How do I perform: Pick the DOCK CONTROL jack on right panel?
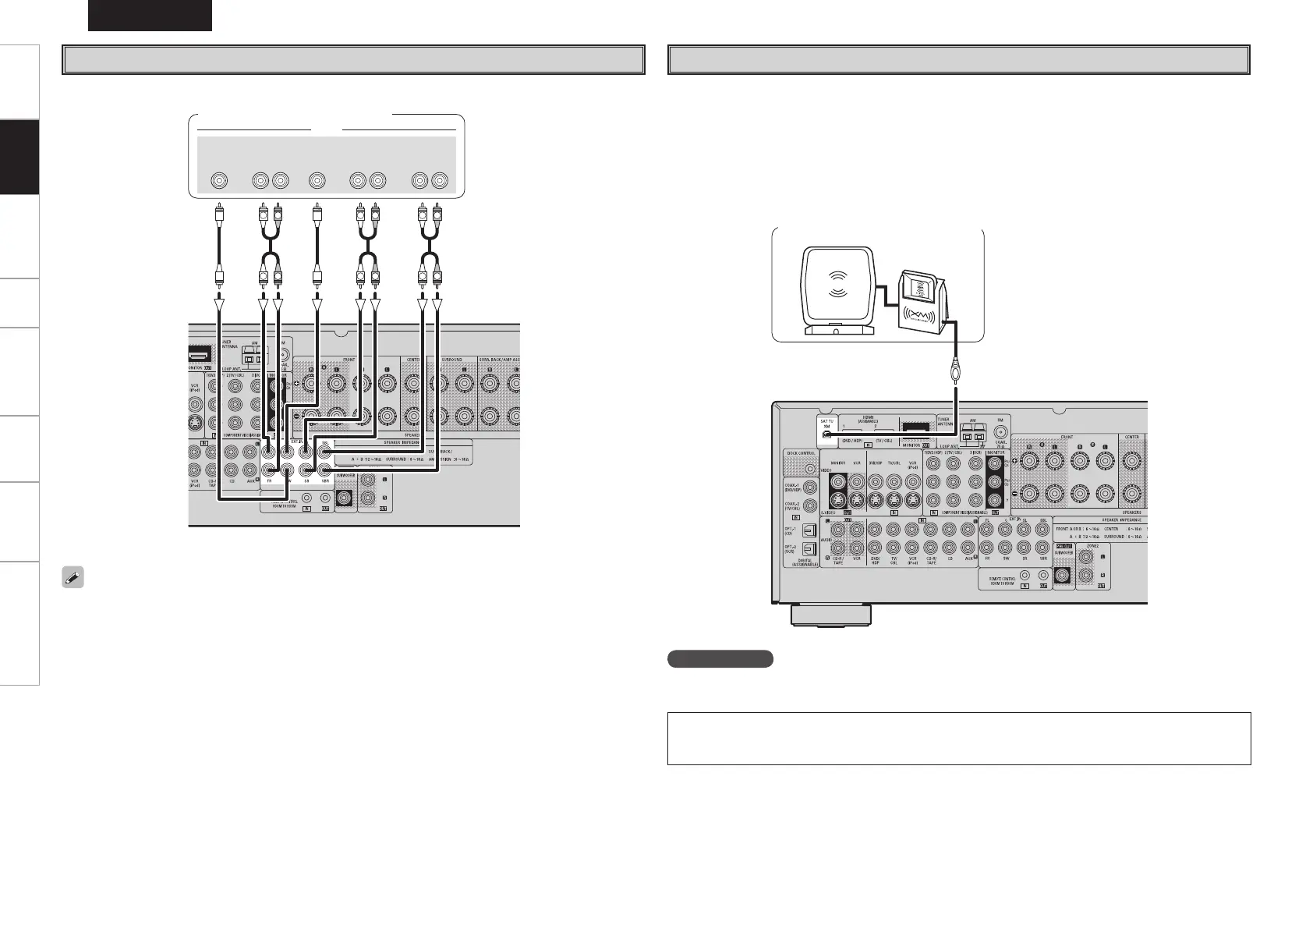point(812,469)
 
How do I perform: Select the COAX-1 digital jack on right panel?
point(812,488)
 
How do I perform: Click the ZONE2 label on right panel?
point(1092,547)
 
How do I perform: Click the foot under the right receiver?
point(830,615)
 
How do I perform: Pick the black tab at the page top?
point(150,15)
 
